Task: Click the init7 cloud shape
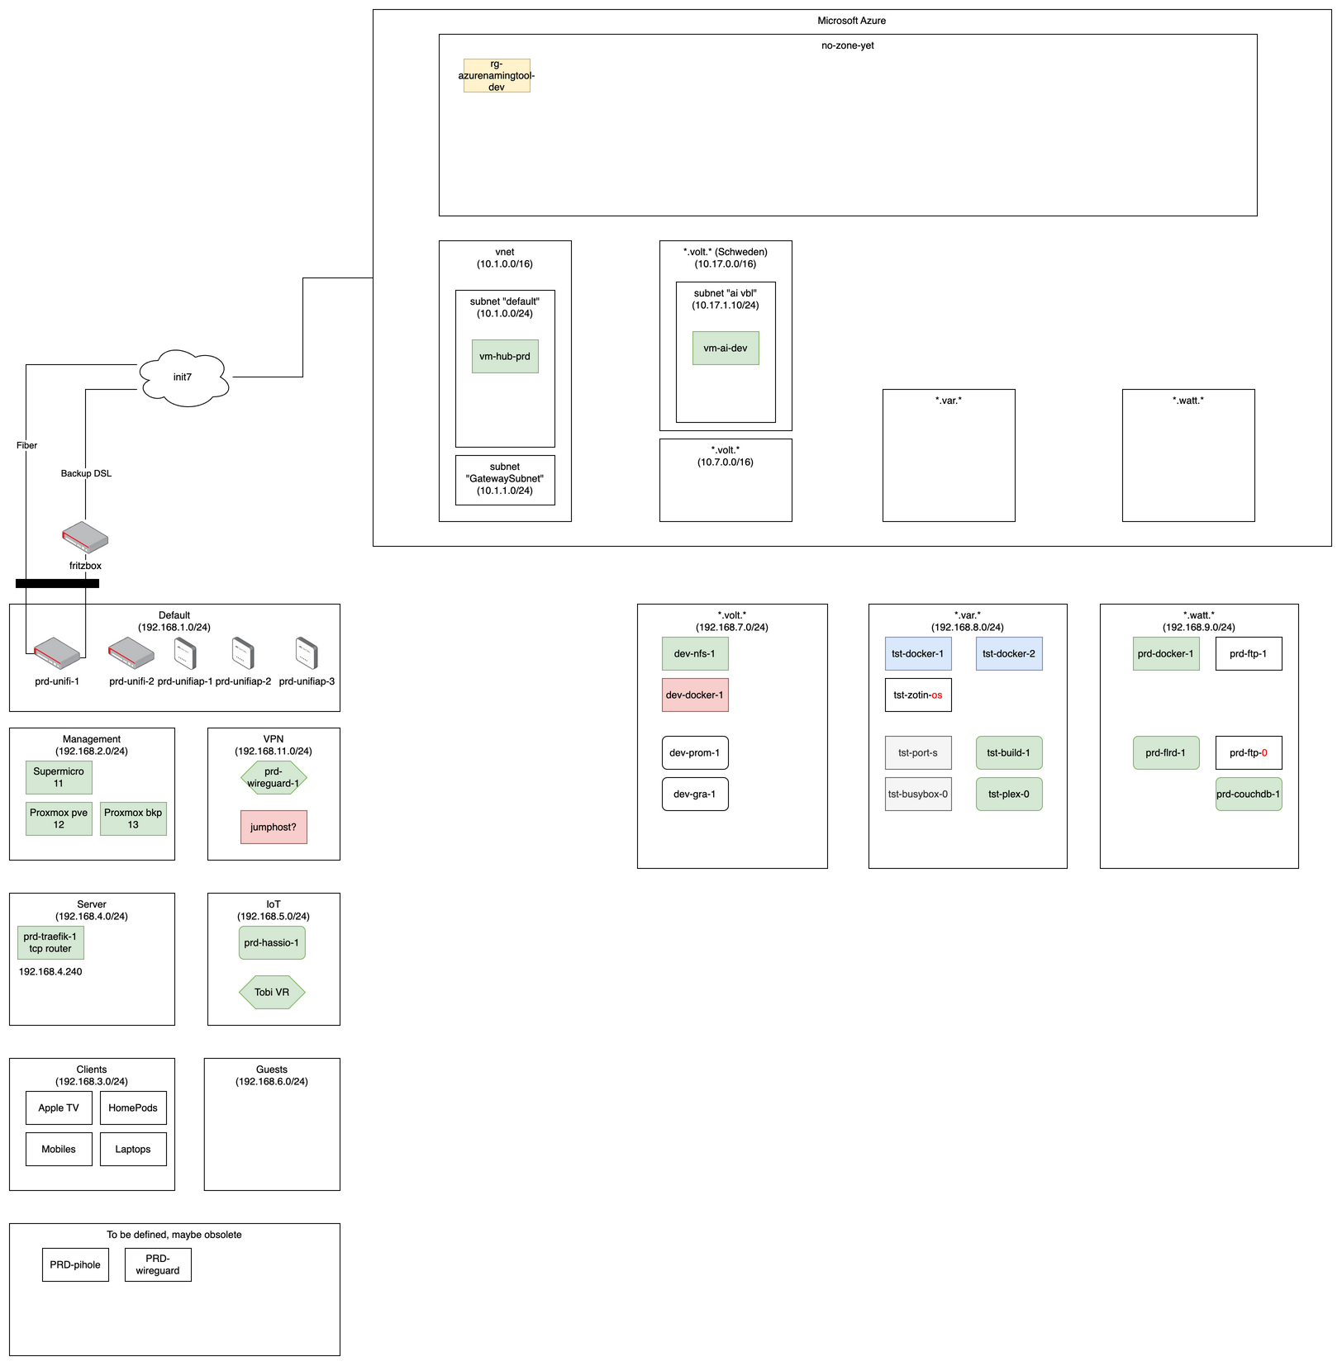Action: point(183,377)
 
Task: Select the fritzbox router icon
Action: point(85,538)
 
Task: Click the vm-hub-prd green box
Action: point(505,357)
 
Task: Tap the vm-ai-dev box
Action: point(726,349)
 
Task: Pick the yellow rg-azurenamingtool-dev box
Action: point(497,76)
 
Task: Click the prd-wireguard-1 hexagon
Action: point(274,778)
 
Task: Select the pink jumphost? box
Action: point(274,828)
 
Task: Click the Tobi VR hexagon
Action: point(272,993)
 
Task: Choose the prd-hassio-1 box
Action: point(272,943)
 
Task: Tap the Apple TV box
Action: point(59,1108)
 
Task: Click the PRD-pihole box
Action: point(75,1265)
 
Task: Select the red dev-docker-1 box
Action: point(695,695)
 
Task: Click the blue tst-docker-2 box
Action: point(1009,654)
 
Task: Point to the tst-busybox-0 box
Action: point(918,794)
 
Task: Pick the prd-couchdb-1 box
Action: point(1249,794)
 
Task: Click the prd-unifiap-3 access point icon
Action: point(307,653)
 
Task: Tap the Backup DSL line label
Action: point(86,474)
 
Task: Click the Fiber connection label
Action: point(26,446)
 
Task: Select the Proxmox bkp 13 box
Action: point(133,819)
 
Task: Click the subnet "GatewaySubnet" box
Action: point(505,480)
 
